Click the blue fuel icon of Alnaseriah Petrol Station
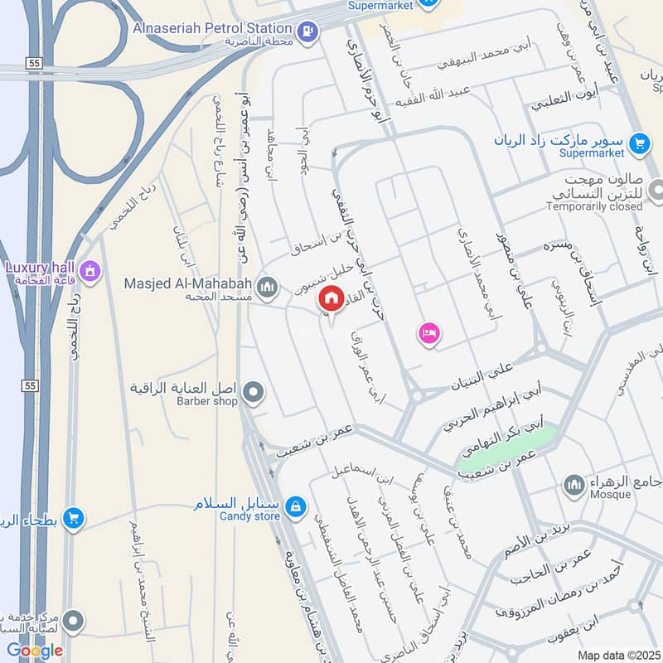point(307,31)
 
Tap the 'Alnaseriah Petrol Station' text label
point(212,28)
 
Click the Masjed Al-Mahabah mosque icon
point(266,288)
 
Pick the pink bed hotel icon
point(429,334)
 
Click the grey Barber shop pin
point(254,392)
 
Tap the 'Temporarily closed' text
point(595,206)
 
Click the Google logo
point(35,651)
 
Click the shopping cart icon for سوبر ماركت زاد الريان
point(638,143)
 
